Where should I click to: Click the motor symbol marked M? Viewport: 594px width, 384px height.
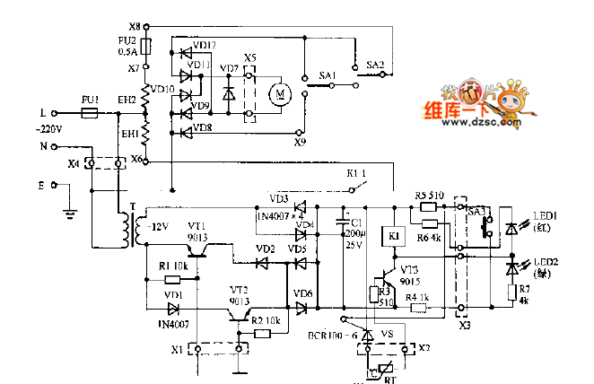tap(280, 92)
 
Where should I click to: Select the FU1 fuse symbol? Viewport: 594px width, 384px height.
tap(90, 114)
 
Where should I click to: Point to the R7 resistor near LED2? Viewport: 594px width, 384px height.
tap(512, 292)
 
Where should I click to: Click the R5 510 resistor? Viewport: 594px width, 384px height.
tap(428, 207)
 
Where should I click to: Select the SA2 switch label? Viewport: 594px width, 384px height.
tap(375, 65)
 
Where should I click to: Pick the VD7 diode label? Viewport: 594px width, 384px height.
tap(229, 68)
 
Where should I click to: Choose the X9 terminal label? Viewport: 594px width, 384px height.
tap(301, 141)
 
